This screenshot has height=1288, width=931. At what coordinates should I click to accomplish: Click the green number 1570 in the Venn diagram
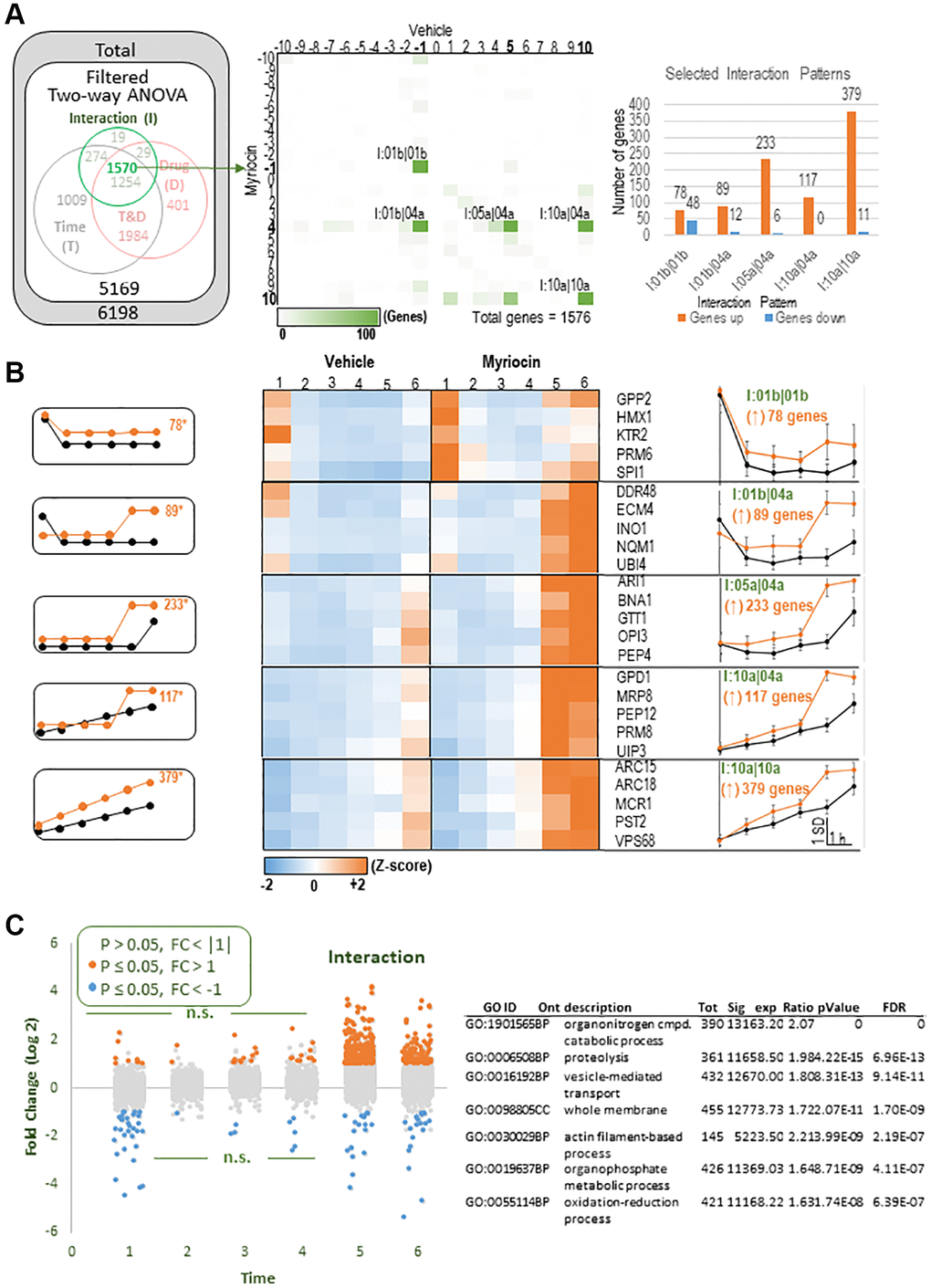pos(121,168)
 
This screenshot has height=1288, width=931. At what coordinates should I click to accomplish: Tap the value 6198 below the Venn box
pos(119,313)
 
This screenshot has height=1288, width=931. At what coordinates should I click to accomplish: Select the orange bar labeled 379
pos(851,173)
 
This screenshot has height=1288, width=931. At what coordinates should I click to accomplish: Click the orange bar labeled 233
pos(765,197)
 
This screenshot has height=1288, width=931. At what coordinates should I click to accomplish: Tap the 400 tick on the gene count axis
pos(639,105)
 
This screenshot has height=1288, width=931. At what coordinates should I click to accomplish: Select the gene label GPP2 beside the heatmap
pos(633,399)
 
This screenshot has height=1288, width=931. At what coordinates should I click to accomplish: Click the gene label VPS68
pos(634,841)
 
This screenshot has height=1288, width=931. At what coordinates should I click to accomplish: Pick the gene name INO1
pos(632,529)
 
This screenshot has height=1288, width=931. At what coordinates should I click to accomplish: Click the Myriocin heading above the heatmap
pos(511,362)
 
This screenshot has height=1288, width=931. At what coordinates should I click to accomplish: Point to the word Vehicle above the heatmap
pos(349,362)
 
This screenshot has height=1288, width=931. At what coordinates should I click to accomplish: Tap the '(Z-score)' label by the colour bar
pos(402,865)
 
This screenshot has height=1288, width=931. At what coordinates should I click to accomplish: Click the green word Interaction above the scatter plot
pos(376,958)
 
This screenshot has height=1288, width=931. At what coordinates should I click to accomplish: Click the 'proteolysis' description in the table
pos(596,1057)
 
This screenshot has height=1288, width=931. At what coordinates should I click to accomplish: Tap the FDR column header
pos(894,1008)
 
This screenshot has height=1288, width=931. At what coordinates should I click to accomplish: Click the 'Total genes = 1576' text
pos(530,318)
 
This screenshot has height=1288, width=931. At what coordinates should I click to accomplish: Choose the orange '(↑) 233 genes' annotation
pos(768,606)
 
